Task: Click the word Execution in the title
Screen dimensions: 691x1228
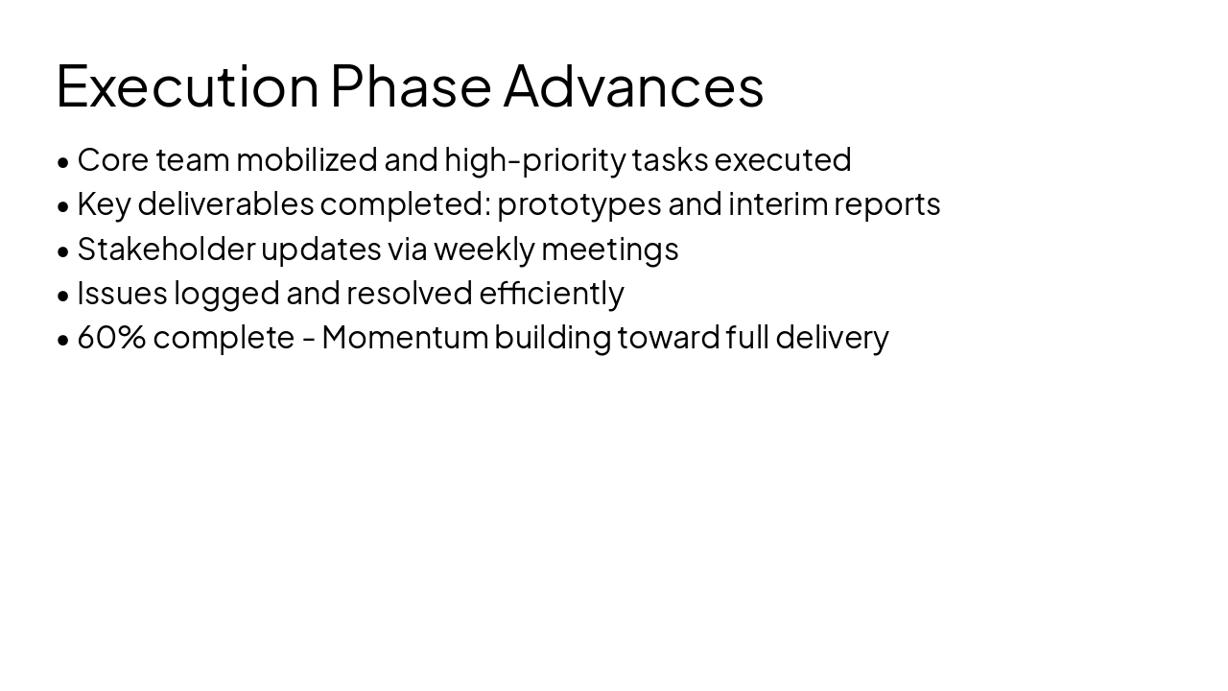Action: coord(187,85)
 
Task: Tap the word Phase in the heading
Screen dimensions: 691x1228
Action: coord(411,85)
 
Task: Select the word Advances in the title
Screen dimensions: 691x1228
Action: coord(633,85)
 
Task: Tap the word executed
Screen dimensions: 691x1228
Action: coord(783,159)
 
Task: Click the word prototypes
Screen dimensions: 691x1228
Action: coord(579,204)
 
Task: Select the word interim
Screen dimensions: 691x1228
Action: coord(777,203)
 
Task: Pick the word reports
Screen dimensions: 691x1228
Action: coord(887,204)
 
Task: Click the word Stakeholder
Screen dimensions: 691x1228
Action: coord(166,249)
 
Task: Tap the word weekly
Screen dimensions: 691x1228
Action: coord(484,249)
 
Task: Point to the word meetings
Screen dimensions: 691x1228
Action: coord(609,249)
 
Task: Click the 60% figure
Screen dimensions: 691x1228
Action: coord(111,337)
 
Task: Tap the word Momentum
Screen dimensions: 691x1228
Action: coord(405,337)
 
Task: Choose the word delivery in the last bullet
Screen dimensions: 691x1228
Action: coord(832,337)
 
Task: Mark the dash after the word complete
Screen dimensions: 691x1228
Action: coord(308,339)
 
